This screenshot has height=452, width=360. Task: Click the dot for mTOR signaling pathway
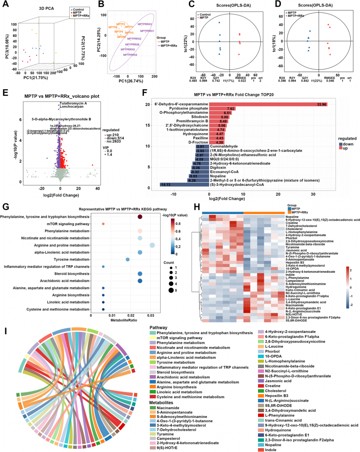[x=103, y=224]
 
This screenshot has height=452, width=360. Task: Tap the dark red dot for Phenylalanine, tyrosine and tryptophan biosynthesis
[x=140, y=217]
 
